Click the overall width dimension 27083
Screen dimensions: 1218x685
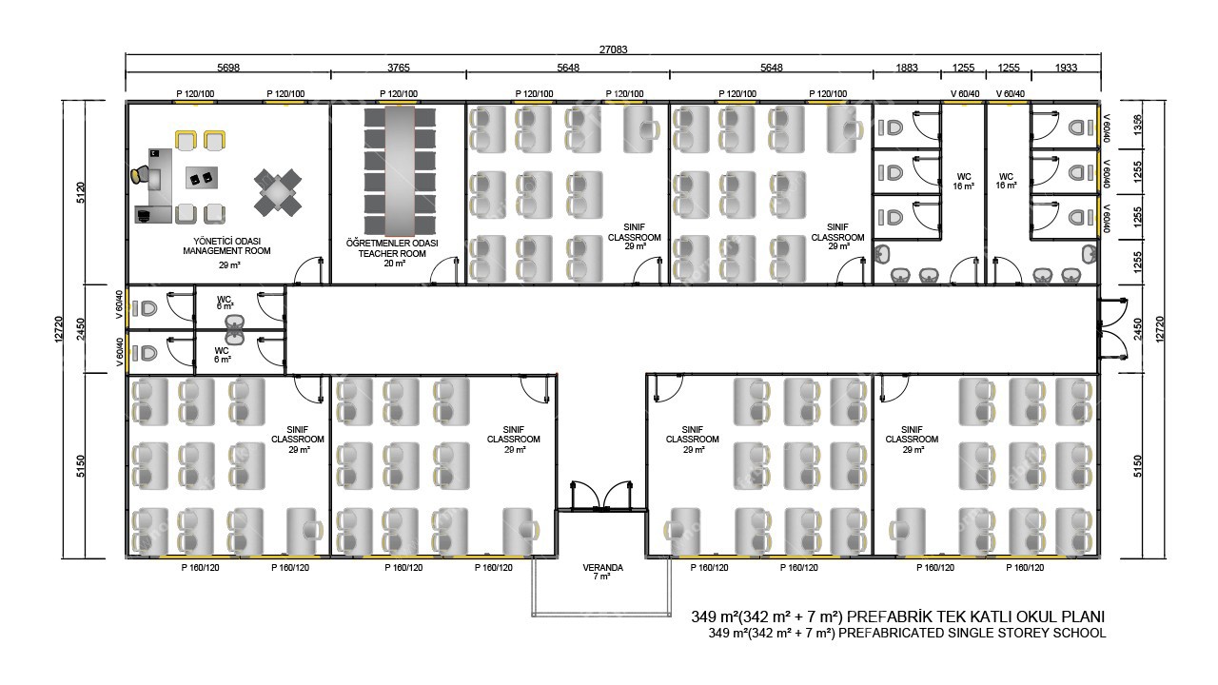(613, 49)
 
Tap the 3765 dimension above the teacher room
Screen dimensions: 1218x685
(398, 68)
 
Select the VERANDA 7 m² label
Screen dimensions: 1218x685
(602, 572)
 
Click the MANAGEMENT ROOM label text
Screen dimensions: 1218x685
(226, 251)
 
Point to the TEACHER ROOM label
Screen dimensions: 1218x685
(392, 253)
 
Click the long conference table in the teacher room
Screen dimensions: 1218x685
(400, 170)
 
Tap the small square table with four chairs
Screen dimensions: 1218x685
(278, 192)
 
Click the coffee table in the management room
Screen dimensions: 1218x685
(201, 178)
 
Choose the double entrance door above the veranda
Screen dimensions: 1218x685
(600, 496)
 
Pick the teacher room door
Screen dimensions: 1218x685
(444, 271)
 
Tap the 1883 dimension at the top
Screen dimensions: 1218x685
(907, 68)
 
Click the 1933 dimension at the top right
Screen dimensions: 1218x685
(1066, 68)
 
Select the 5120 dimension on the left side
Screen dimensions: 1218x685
(81, 192)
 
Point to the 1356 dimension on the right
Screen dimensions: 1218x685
(1137, 125)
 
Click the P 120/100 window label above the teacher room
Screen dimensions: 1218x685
(399, 93)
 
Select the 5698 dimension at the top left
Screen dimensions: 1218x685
(227, 68)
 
